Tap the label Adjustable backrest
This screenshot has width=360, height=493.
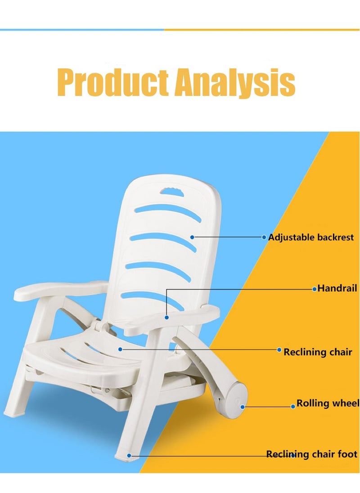(x=311, y=237)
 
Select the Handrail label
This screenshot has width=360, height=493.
(x=337, y=288)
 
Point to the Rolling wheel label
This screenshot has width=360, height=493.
(x=328, y=403)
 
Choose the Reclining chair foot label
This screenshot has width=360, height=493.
(x=311, y=454)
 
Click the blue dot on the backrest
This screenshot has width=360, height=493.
(x=192, y=237)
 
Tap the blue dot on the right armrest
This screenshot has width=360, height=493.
(x=166, y=318)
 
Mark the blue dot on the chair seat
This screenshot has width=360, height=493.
(x=120, y=349)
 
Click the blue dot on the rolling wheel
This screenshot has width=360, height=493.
(x=243, y=407)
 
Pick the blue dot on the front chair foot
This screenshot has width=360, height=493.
(x=129, y=455)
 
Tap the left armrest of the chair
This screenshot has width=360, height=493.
(x=60, y=290)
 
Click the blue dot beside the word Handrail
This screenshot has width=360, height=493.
(x=314, y=289)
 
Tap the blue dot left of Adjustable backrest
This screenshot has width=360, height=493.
(x=264, y=237)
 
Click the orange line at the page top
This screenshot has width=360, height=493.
(x=262, y=30)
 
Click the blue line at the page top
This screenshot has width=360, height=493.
(x=82, y=30)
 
